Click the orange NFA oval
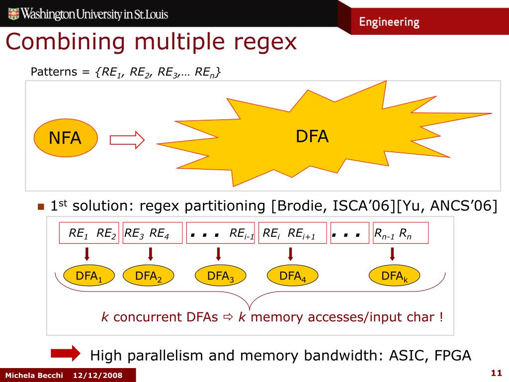point(65,138)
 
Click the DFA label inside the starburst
point(312,136)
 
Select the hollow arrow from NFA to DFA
point(127,140)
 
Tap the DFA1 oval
point(89,277)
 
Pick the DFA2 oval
point(149,277)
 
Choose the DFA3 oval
point(220,277)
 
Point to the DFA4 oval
point(292,277)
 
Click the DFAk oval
point(394,277)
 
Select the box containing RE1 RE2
point(89,233)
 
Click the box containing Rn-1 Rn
point(400,233)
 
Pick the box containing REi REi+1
point(293,233)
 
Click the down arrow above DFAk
point(392,254)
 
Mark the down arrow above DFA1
point(86,254)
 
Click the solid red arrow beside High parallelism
point(65,353)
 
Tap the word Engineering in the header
point(389,22)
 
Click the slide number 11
point(495,373)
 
